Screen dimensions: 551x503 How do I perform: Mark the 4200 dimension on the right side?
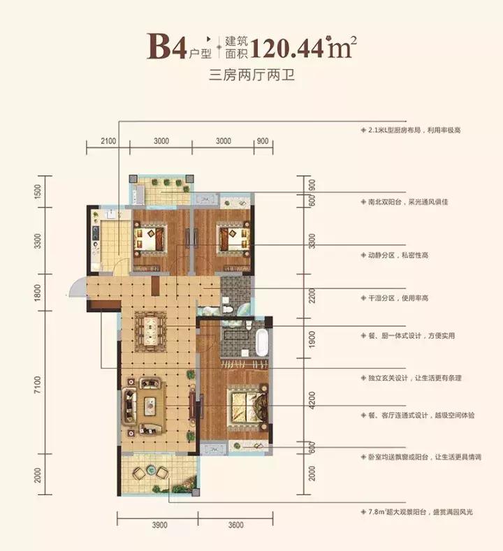click(x=312, y=401)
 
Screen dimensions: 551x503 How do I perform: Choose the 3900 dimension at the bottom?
click(x=158, y=525)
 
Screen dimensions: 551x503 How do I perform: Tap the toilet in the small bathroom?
click(x=227, y=304)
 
